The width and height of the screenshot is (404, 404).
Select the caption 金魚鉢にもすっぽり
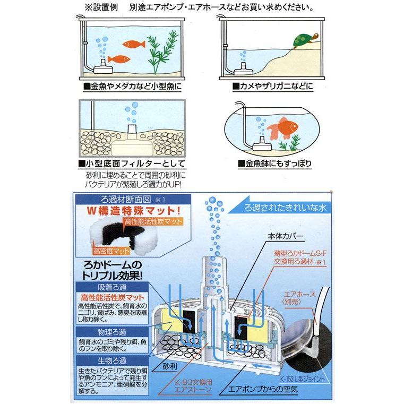276,164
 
